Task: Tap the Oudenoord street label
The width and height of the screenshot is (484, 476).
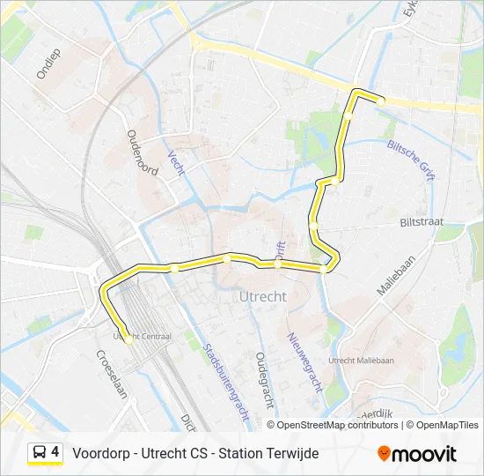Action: point(142,152)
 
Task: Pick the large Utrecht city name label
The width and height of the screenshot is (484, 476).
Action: point(262,297)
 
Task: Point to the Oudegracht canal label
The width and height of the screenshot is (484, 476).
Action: point(263,381)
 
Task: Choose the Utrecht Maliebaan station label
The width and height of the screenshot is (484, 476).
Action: point(361,361)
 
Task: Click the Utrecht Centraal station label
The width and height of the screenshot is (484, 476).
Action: point(142,336)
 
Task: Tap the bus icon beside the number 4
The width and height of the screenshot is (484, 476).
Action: point(40,453)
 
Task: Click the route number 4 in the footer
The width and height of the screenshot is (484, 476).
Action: point(55,452)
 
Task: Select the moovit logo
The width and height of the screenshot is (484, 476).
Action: point(417,454)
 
